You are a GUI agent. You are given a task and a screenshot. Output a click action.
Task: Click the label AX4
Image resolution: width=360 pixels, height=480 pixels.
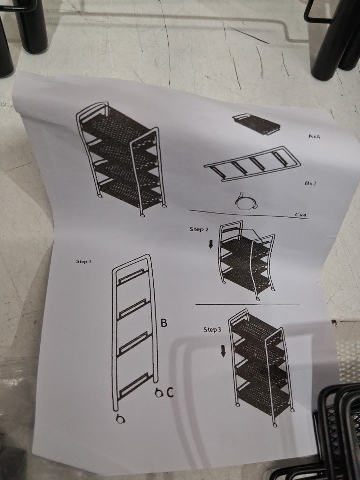tap(314, 137)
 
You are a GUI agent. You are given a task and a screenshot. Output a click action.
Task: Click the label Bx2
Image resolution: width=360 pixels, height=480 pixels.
tap(310, 183)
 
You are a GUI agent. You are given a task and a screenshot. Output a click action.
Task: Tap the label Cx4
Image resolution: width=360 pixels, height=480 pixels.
tap(301, 215)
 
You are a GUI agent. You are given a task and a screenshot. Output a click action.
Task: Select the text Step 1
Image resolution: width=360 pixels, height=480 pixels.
tap(84, 261)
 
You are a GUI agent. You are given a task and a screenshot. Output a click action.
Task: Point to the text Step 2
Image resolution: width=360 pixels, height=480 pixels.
tap(199, 229)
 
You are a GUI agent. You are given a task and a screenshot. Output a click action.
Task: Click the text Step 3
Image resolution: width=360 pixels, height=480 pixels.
tap(212, 329)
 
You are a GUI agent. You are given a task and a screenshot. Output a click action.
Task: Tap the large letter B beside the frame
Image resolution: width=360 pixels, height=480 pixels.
tap(164, 322)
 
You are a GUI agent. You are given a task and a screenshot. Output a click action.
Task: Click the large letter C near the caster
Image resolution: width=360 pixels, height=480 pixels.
tap(170, 393)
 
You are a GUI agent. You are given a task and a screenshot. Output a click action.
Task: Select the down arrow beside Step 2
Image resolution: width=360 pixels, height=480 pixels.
tap(211, 244)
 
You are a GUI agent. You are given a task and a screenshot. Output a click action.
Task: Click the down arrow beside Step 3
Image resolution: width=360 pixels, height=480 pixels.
tap(223, 352)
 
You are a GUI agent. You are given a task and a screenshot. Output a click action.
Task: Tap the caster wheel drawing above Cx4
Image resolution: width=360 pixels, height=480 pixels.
tap(246, 202)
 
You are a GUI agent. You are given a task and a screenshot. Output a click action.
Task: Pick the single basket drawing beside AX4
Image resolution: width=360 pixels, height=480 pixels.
tap(256, 124)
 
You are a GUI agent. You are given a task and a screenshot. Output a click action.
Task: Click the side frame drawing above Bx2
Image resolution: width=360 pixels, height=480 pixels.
tap(252, 164)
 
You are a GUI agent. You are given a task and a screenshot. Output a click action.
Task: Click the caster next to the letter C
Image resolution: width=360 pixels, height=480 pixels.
tap(158, 393)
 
